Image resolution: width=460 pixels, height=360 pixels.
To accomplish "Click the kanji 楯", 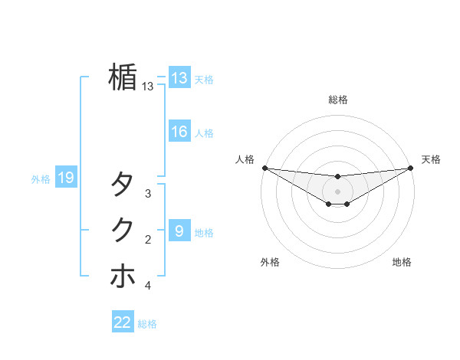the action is click(x=123, y=77).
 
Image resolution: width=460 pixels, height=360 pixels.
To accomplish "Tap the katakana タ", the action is click(x=123, y=185).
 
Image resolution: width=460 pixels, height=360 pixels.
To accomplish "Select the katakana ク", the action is click(x=123, y=230).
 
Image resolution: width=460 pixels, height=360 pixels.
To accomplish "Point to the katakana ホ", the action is click(x=123, y=276).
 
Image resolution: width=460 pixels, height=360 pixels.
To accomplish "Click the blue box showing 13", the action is click(x=179, y=78).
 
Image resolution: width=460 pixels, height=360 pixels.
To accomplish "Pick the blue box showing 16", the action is click(x=179, y=132).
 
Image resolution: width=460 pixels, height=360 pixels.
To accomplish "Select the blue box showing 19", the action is click(x=66, y=178).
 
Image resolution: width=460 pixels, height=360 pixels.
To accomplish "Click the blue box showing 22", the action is click(x=123, y=322).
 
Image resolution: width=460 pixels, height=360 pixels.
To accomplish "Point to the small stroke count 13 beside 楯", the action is click(x=148, y=87).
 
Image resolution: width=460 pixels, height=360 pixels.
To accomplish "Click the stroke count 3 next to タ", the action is click(x=148, y=195).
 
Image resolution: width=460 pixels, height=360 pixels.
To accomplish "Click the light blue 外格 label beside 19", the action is click(x=41, y=179).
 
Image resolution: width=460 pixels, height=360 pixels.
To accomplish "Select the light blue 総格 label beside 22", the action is click(x=147, y=324).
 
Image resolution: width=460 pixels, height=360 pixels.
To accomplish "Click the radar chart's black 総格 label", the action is click(x=337, y=100).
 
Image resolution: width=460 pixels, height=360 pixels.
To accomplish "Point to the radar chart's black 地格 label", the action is click(x=402, y=263).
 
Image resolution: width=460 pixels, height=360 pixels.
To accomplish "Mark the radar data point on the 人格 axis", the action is click(x=264, y=168).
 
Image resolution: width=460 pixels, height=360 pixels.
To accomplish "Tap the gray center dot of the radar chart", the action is click(x=337, y=191).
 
